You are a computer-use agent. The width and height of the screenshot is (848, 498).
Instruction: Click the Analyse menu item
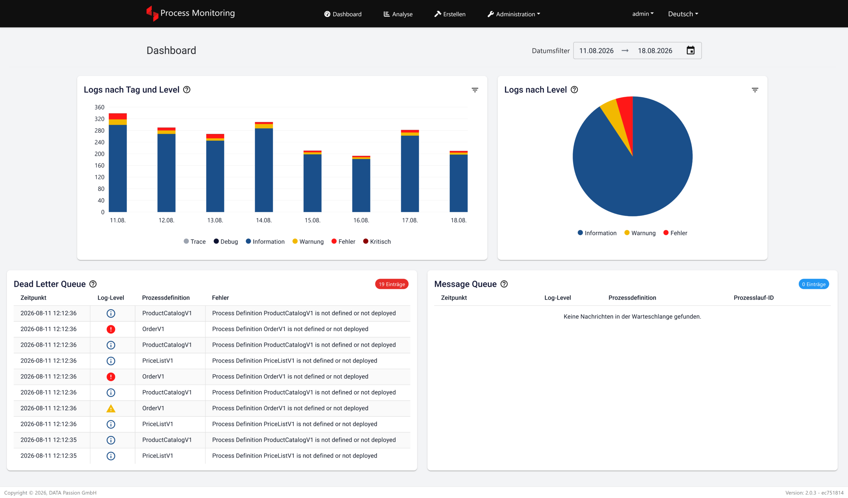[x=398, y=14]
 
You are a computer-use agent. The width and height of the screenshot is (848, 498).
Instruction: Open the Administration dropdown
[x=514, y=14]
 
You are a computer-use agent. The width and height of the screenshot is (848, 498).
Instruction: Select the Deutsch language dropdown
[x=683, y=14]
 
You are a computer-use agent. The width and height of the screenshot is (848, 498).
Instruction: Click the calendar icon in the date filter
[x=691, y=50]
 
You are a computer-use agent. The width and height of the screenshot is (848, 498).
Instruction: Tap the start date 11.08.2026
[x=596, y=51]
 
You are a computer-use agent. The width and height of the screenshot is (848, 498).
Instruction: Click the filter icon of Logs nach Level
[x=755, y=90]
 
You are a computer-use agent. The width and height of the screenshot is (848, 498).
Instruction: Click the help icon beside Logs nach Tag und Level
[x=187, y=89]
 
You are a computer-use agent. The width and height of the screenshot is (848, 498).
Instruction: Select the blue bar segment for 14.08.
[x=264, y=170]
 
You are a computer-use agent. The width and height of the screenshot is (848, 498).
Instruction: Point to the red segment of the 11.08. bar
[x=118, y=117]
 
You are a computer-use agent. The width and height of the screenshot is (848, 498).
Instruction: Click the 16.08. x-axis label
[x=361, y=221]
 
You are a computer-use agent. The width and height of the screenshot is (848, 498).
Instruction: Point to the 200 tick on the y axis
[x=99, y=154]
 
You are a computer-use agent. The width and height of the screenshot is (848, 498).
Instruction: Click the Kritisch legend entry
[x=377, y=242]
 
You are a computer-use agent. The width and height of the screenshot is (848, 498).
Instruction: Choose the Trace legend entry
[x=194, y=242]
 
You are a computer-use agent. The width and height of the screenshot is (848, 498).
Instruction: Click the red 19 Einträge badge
[x=392, y=284]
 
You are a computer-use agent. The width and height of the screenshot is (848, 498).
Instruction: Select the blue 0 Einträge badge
[x=814, y=284]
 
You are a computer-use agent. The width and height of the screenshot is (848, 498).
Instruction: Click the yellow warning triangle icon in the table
[x=111, y=409]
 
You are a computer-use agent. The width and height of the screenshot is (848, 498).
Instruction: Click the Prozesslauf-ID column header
[x=754, y=298]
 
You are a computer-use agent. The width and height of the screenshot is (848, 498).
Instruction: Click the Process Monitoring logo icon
[x=152, y=14]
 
